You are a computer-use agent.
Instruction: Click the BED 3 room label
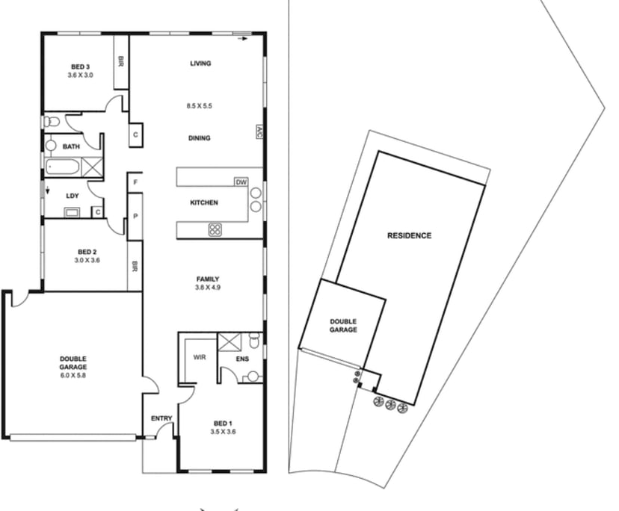(x=80, y=66)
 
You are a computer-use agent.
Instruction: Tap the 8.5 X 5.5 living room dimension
(x=200, y=106)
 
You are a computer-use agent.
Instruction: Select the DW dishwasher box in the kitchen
(x=241, y=182)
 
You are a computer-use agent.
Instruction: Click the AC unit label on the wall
(x=259, y=132)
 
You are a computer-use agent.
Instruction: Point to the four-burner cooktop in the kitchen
(x=215, y=229)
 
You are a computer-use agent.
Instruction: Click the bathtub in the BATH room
(x=63, y=167)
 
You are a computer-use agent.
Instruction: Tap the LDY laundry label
(x=73, y=196)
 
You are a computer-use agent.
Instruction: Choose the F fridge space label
(x=135, y=182)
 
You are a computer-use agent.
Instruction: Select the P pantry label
(x=135, y=216)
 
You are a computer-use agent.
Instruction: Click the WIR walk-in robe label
(x=200, y=357)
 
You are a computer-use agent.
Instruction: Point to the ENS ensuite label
(x=242, y=359)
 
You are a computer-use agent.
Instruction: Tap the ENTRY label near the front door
(x=161, y=418)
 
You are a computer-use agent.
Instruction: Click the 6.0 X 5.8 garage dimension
(x=73, y=375)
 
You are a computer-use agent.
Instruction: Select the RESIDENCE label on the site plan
(x=410, y=235)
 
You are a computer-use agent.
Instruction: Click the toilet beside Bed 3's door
(x=52, y=121)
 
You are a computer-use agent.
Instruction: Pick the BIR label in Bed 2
(x=135, y=267)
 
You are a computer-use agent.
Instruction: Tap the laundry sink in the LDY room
(x=73, y=213)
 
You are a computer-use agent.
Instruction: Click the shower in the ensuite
(x=227, y=341)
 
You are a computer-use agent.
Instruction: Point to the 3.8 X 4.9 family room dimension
(x=208, y=288)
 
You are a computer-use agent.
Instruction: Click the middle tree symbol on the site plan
(x=390, y=404)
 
